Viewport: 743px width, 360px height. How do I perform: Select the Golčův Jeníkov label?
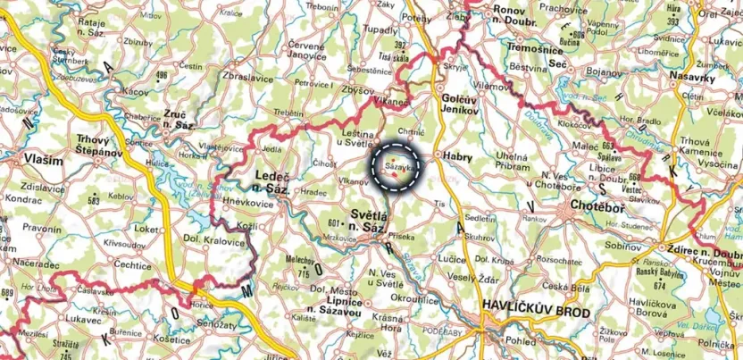pos(463,103)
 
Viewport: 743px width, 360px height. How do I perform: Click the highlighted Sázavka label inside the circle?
pos(398,166)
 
